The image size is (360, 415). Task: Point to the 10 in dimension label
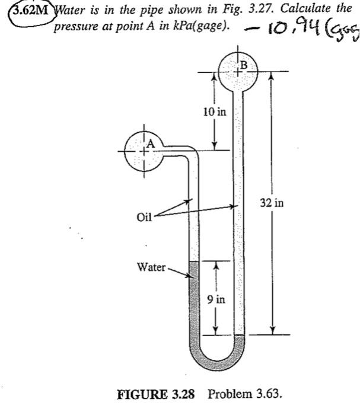point(208,111)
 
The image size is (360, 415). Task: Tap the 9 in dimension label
point(215,299)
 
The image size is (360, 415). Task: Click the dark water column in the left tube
point(193,302)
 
